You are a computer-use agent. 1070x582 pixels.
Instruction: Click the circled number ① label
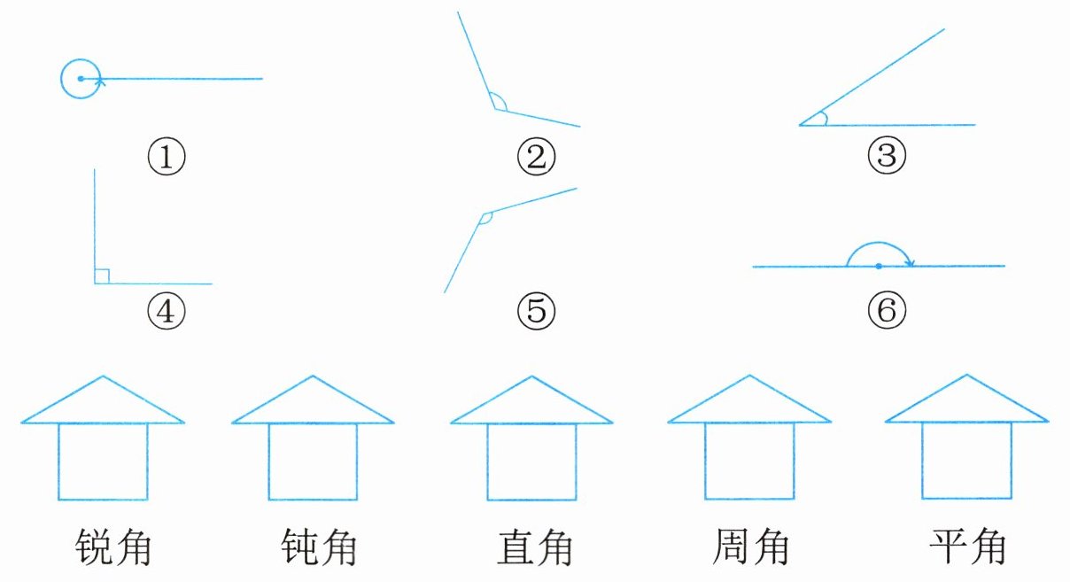(166, 159)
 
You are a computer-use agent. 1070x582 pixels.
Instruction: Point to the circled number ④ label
(166, 309)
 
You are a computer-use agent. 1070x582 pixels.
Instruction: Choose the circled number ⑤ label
(536, 309)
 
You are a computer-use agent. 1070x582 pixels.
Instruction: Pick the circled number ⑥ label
(887, 309)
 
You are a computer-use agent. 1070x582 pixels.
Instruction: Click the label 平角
(967, 547)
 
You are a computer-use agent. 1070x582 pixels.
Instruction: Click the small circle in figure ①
(80, 79)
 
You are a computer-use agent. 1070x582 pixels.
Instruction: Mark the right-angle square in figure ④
(102, 276)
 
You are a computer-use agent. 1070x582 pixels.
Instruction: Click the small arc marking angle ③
(824, 119)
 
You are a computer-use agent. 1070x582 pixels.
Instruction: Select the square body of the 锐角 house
(104, 461)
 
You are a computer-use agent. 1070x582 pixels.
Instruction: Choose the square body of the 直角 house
(531, 461)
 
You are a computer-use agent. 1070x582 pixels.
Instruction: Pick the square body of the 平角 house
(967, 461)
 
